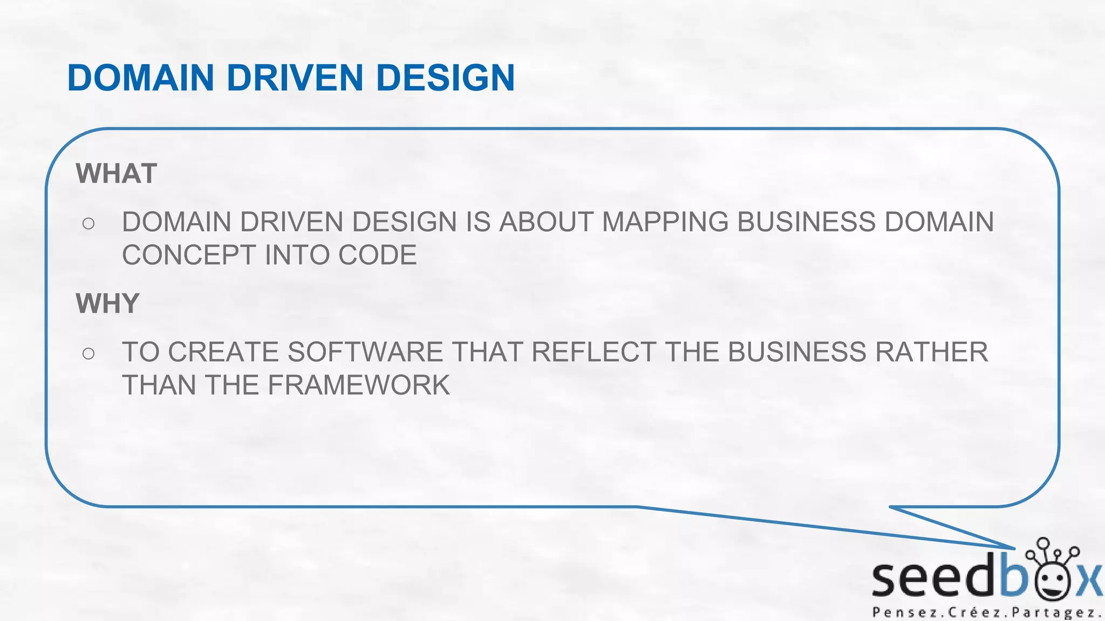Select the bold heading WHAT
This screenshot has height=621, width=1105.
[117, 174]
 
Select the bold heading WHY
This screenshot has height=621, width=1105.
[108, 303]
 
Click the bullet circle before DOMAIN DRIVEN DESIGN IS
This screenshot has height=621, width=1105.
[88, 223]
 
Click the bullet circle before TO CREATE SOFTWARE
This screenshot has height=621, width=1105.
[88, 354]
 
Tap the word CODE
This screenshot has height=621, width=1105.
[377, 255]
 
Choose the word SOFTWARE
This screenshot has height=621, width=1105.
[365, 352]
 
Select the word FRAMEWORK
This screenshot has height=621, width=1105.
[358, 385]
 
